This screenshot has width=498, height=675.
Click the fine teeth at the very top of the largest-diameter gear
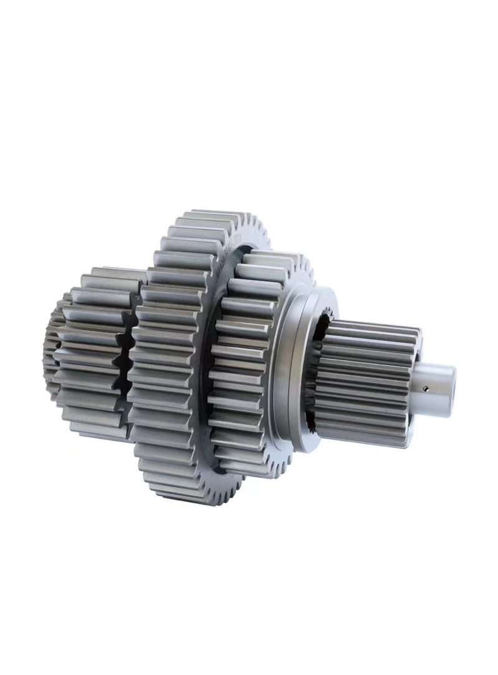[205, 218]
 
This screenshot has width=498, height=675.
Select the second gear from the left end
[93, 355]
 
